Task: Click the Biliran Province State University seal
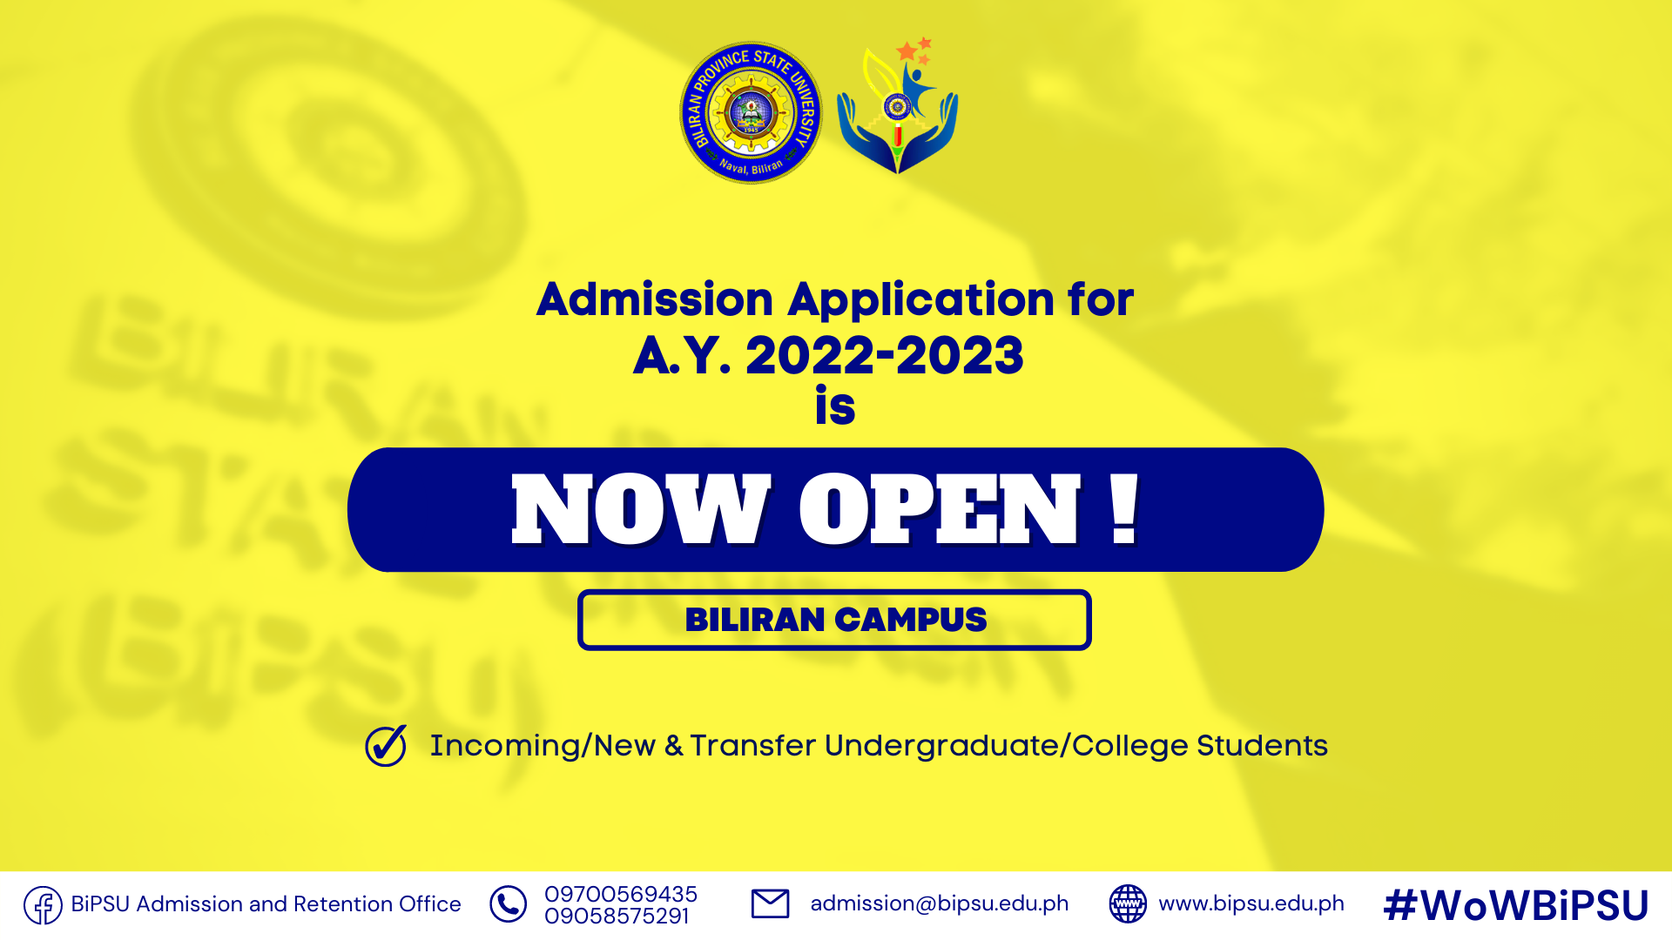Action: (x=751, y=113)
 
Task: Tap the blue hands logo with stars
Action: (x=897, y=105)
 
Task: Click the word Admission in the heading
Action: (x=655, y=299)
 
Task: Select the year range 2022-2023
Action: (x=885, y=355)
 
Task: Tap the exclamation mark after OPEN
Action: (x=1125, y=509)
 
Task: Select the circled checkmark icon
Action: (x=386, y=745)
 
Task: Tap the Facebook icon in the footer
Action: (x=43, y=905)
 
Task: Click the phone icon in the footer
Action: (x=508, y=904)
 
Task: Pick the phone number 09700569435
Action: (x=621, y=894)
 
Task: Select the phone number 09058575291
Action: (x=617, y=916)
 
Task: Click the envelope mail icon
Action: (x=770, y=903)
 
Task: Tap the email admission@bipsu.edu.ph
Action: (x=940, y=903)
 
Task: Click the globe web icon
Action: (x=1128, y=903)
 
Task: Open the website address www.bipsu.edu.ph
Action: (x=1251, y=903)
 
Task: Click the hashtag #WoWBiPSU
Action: (x=1516, y=905)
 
